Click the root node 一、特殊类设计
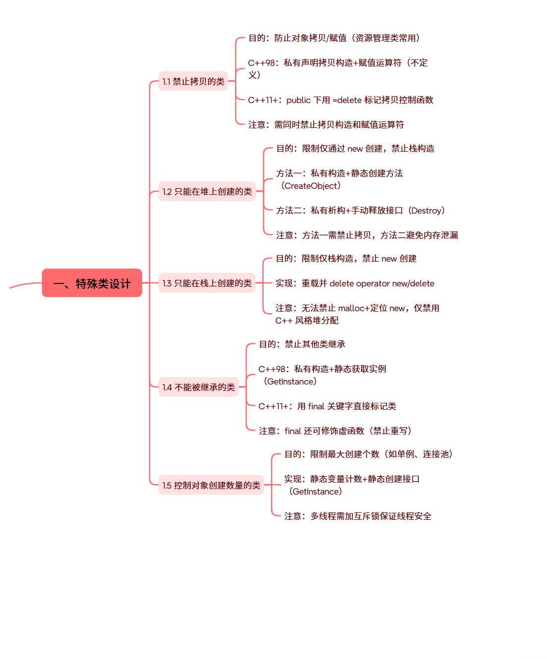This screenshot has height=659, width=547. [92, 283]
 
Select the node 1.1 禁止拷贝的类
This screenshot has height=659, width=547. [193, 81]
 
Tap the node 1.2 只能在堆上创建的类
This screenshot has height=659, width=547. [207, 191]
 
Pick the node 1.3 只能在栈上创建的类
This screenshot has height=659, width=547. [207, 283]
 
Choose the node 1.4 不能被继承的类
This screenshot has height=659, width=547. [198, 387]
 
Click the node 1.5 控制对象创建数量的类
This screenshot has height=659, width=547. [211, 485]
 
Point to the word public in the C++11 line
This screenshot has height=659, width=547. [298, 100]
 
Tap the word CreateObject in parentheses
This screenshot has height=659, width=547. [311, 186]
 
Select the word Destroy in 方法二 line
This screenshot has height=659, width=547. [426, 211]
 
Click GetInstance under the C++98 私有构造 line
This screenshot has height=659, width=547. [290, 382]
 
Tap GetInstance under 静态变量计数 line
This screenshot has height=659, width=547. [316, 492]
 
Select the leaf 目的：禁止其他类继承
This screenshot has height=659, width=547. [302, 344]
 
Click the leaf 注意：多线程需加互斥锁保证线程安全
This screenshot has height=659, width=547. [357, 516]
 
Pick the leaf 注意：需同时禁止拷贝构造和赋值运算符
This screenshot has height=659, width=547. [326, 125]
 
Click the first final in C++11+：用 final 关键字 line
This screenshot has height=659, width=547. [316, 406]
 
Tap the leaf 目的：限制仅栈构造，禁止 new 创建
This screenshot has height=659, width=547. [346, 259]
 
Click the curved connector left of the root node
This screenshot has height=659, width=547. [25, 285]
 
